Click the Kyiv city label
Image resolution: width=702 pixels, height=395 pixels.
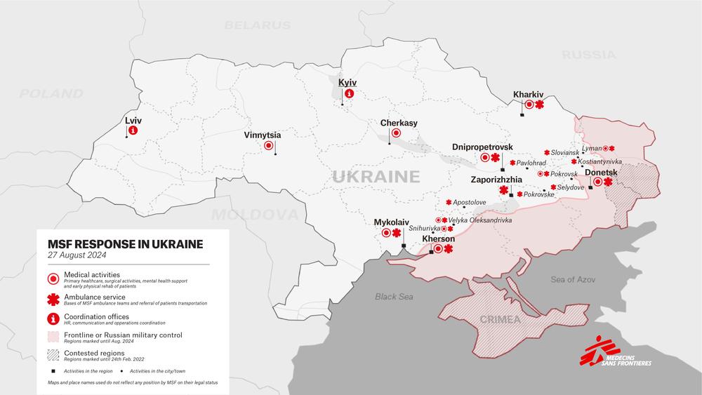pos(347,83)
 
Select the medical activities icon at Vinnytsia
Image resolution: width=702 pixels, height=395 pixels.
pos(269,146)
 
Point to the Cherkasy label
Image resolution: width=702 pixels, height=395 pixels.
pos(399,123)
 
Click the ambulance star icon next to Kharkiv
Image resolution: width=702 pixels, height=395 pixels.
pos(539,105)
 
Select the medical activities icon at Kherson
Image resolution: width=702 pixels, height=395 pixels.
pos(438,248)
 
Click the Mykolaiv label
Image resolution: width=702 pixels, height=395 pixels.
pos(392,222)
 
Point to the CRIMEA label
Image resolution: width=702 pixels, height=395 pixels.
pos(500,320)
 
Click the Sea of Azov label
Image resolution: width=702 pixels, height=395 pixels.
pos(574,280)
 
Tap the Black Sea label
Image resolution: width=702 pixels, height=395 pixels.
pos(393,296)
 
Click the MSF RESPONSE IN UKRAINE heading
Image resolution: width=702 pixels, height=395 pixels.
pos(125,244)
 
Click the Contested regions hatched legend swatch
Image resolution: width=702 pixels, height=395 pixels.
pos(52,355)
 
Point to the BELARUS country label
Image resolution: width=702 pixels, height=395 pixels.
pos(258,25)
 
